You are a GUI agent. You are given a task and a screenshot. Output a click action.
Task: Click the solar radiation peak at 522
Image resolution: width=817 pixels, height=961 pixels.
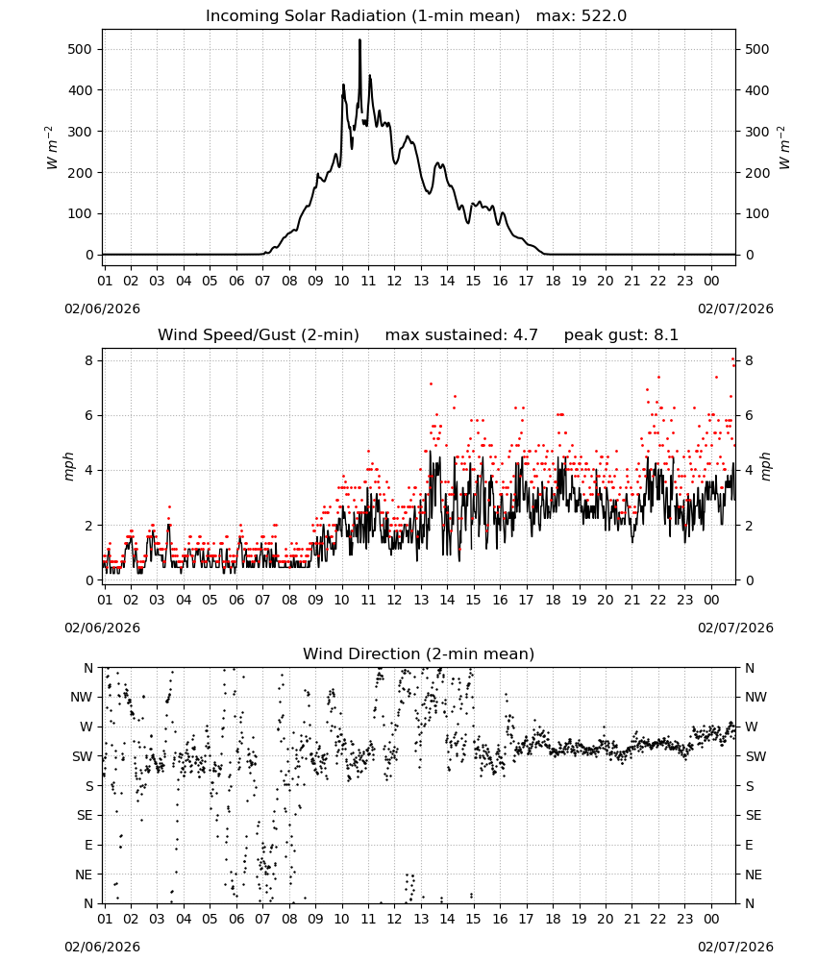click(359, 40)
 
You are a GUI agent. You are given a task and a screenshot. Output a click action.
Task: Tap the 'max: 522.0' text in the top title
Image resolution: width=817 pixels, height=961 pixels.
click(582, 16)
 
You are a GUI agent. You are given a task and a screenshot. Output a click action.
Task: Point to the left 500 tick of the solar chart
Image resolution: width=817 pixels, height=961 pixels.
click(80, 50)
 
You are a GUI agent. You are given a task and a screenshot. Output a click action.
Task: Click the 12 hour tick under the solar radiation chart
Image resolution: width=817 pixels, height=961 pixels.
click(394, 281)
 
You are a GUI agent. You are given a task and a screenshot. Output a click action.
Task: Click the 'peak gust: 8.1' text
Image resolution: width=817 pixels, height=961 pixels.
click(621, 335)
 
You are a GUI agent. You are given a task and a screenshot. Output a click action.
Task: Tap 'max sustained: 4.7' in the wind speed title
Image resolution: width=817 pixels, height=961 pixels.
click(461, 335)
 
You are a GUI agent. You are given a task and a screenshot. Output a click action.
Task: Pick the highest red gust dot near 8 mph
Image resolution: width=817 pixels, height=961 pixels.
click(732, 359)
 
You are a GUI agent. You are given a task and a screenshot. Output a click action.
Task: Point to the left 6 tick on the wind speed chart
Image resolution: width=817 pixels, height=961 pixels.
click(89, 415)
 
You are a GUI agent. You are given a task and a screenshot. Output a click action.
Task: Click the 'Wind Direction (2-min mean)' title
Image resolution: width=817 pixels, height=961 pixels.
click(419, 653)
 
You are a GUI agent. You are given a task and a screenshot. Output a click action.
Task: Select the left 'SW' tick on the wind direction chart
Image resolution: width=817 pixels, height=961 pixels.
click(83, 757)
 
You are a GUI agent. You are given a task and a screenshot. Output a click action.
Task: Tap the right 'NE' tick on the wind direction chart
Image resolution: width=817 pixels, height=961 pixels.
click(754, 875)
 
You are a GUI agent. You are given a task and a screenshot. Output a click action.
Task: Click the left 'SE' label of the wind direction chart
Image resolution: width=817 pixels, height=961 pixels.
click(85, 816)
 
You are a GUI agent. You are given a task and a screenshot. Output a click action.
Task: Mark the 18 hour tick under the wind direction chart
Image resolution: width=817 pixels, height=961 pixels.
click(553, 919)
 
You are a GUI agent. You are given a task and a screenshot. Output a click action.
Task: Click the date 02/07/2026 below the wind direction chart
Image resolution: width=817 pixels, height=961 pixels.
click(735, 947)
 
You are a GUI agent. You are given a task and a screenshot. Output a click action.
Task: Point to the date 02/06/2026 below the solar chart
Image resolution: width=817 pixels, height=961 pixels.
click(102, 308)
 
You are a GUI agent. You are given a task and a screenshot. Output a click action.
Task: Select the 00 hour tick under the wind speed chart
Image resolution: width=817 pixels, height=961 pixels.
click(711, 600)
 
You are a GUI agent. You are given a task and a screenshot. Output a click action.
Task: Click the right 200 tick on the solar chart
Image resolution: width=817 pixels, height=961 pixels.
click(757, 173)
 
